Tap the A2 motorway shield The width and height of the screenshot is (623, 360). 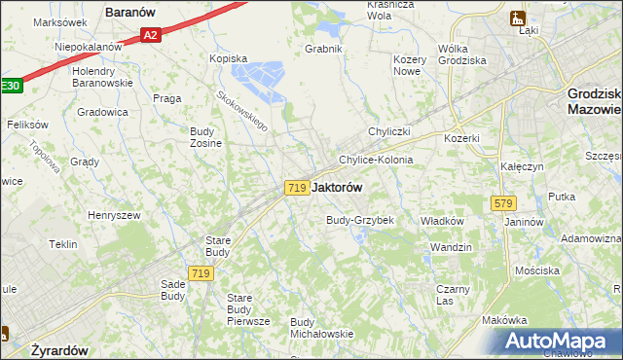(149, 36)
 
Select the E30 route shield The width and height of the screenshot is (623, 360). (10, 86)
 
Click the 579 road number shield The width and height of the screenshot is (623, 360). (503, 203)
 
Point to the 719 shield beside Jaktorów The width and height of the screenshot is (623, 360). (298, 187)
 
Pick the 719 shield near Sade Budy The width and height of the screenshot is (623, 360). (202, 274)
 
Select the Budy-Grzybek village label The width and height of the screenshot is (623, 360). (359, 220)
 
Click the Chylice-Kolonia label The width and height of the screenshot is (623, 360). (376, 160)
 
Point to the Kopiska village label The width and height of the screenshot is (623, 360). (230, 58)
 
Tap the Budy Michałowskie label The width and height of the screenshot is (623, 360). (321, 328)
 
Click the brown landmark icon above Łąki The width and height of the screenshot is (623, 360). (517, 17)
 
